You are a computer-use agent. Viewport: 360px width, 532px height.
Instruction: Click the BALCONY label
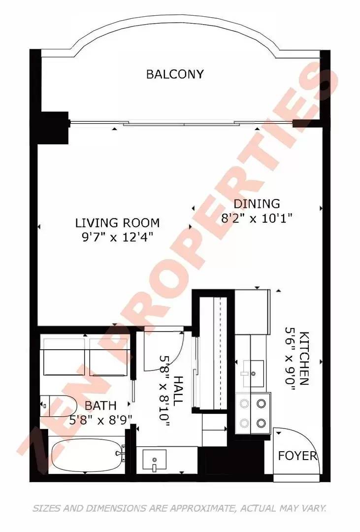[175, 74]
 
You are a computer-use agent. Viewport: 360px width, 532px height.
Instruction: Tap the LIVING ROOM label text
[117, 223]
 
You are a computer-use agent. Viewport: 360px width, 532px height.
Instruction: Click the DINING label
[257, 203]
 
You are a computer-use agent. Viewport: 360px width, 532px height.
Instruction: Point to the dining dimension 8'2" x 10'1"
[257, 218]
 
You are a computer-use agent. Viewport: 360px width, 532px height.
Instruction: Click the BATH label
[100, 405]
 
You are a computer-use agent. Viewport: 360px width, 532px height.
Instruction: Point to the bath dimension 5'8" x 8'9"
[100, 420]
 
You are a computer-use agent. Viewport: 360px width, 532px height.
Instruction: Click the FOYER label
[297, 456]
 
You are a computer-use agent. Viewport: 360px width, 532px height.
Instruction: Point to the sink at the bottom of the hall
[154, 460]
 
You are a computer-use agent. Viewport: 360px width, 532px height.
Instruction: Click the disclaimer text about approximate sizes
[179, 508]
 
